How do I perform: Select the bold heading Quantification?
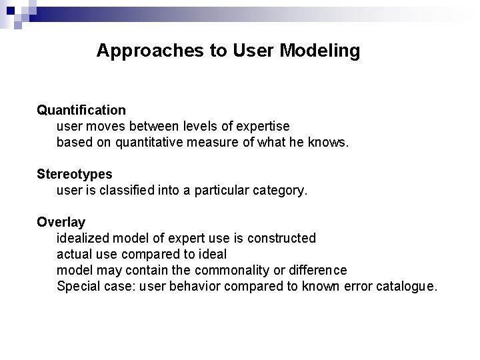(81, 109)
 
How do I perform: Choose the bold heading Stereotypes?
(75, 174)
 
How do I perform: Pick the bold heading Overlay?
(61, 222)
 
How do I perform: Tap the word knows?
(329, 142)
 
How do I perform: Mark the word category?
(280, 190)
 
